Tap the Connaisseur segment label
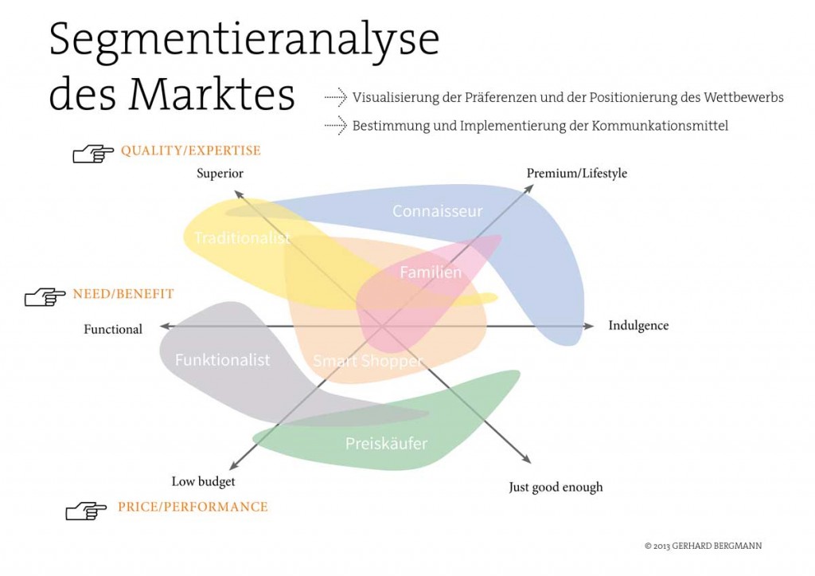pyautogui.click(x=437, y=211)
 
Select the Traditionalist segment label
pyautogui.click(x=242, y=237)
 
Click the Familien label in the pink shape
pyautogui.click(x=431, y=272)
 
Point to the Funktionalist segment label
pyautogui.click(x=223, y=359)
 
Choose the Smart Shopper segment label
pyautogui.click(x=368, y=361)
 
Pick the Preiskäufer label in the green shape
pyautogui.click(x=386, y=443)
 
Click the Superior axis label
pyautogui.click(x=220, y=173)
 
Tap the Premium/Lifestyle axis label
pyautogui.click(x=577, y=173)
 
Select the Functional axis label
pyautogui.click(x=113, y=329)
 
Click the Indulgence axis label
pyautogui.click(x=638, y=326)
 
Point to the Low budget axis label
pyautogui.click(x=203, y=482)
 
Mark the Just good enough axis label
pyautogui.click(x=556, y=487)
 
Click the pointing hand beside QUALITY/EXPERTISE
pyautogui.click(x=93, y=154)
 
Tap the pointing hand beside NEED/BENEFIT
pyautogui.click(x=45, y=297)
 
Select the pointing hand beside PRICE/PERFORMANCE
pyautogui.click(x=86, y=511)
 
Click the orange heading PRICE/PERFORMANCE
pyautogui.click(x=193, y=507)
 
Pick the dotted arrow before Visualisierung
pyautogui.click(x=336, y=97)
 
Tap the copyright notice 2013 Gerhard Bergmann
pyautogui.click(x=703, y=546)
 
